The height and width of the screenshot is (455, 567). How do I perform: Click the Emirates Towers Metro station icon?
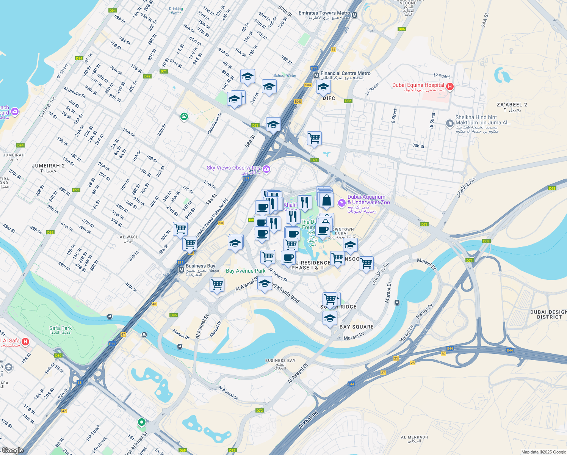click(355, 15)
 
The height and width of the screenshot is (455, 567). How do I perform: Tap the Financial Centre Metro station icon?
click(316, 75)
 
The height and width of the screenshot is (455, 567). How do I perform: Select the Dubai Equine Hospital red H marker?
click(450, 87)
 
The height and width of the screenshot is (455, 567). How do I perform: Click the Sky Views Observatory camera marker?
click(266, 169)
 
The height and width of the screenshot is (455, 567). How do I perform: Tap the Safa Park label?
click(60, 328)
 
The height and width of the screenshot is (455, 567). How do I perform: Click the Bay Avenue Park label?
click(246, 271)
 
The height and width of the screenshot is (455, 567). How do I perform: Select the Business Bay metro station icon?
click(181, 270)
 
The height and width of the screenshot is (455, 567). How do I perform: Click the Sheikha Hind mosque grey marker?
click(450, 123)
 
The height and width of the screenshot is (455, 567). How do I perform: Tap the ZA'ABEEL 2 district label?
click(512, 105)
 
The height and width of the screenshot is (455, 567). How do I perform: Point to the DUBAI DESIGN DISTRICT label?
click(548, 314)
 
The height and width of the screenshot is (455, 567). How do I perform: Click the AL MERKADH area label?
click(414, 437)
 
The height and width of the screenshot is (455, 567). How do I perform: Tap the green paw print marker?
click(184, 117)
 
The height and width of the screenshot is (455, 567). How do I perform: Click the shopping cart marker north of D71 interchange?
click(314, 138)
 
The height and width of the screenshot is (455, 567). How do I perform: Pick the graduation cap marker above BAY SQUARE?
click(330, 318)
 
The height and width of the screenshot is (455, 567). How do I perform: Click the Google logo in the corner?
click(13, 450)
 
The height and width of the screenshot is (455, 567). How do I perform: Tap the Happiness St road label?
click(215, 123)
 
